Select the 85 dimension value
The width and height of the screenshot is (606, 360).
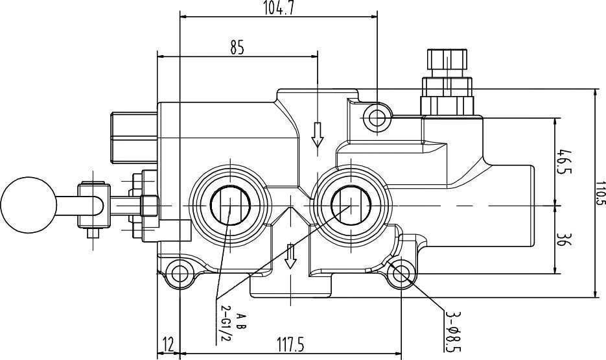click(x=237, y=47)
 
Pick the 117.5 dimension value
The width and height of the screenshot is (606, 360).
click(x=290, y=344)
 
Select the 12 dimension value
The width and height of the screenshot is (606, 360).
click(x=168, y=344)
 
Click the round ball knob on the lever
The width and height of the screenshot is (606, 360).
click(x=27, y=204)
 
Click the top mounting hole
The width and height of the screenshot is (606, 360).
click(x=377, y=117)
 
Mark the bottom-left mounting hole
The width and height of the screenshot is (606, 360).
click(x=178, y=271)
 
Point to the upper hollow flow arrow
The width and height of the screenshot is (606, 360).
click(x=317, y=135)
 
